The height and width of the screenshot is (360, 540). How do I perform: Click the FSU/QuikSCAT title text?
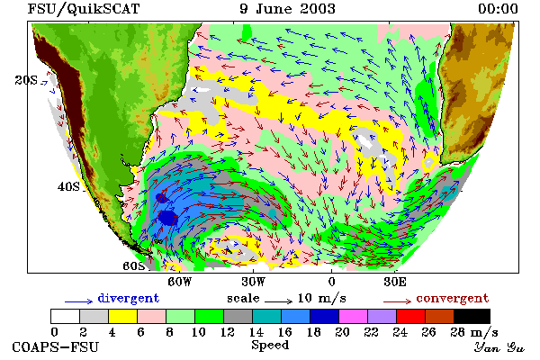pyautogui.click(x=84, y=9)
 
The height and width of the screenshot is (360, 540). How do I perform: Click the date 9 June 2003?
pyautogui.click(x=288, y=9)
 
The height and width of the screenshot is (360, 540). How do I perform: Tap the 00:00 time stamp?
pyautogui.click(x=498, y=9)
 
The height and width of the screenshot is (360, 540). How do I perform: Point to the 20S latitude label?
pyautogui.click(x=26, y=80)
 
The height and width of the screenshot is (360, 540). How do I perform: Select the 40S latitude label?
pyautogui.click(x=68, y=186)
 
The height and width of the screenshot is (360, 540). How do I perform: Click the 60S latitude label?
pyautogui.click(x=134, y=266)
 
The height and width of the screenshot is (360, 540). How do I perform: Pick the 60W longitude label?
pyautogui.click(x=179, y=282)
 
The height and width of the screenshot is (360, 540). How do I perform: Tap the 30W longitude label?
pyautogui.click(x=254, y=282)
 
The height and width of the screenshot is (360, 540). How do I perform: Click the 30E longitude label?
pyautogui.click(x=395, y=282)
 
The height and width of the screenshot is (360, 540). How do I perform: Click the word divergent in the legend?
pyautogui.click(x=129, y=298)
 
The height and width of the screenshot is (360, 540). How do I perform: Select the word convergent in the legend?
pyautogui.click(x=453, y=298)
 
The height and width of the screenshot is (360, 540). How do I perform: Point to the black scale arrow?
pyautogui.click(x=279, y=301)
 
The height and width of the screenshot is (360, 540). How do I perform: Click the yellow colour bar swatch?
pyautogui.click(x=123, y=316)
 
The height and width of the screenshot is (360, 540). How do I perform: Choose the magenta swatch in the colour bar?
pyautogui.click(x=354, y=316)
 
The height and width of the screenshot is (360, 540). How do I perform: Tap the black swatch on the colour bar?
pyautogui.click(x=472, y=316)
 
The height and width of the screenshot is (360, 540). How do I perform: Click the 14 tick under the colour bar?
pyautogui.click(x=256, y=332)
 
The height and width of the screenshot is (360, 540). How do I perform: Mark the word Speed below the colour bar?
pyautogui.click(x=270, y=346)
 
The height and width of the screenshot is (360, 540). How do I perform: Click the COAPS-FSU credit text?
pyautogui.click(x=55, y=347)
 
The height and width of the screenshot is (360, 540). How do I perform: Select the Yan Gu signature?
pyautogui.click(x=499, y=347)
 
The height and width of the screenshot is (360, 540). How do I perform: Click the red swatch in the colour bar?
pyautogui.click(x=411, y=316)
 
